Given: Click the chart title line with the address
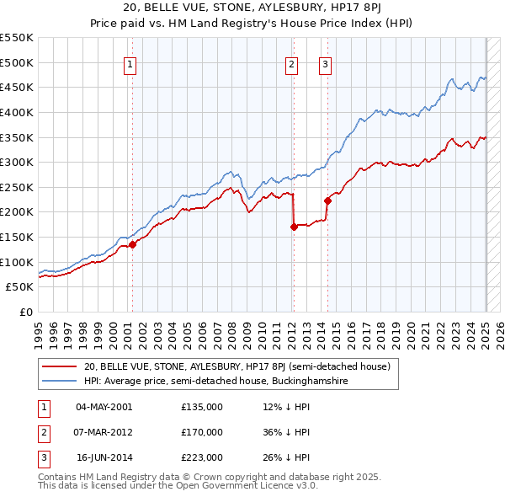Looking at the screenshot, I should tap(252, 8).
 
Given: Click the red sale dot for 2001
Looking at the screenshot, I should tap(132, 244).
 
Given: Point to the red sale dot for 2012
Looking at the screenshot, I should tap(294, 227).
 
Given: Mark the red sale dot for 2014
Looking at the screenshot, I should tap(327, 200).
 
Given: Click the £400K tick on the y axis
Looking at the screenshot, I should tap(18, 112).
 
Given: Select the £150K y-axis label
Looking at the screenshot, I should tap(18, 237).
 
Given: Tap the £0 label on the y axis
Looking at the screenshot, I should tap(25, 312).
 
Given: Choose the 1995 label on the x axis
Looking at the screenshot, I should tap(39, 334).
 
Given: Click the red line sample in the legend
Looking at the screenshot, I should tap(60, 367).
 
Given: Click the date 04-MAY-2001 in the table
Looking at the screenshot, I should tap(104, 407).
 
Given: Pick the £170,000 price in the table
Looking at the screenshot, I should tap(202, 433).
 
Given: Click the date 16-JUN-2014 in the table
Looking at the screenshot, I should tap(104, 458).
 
